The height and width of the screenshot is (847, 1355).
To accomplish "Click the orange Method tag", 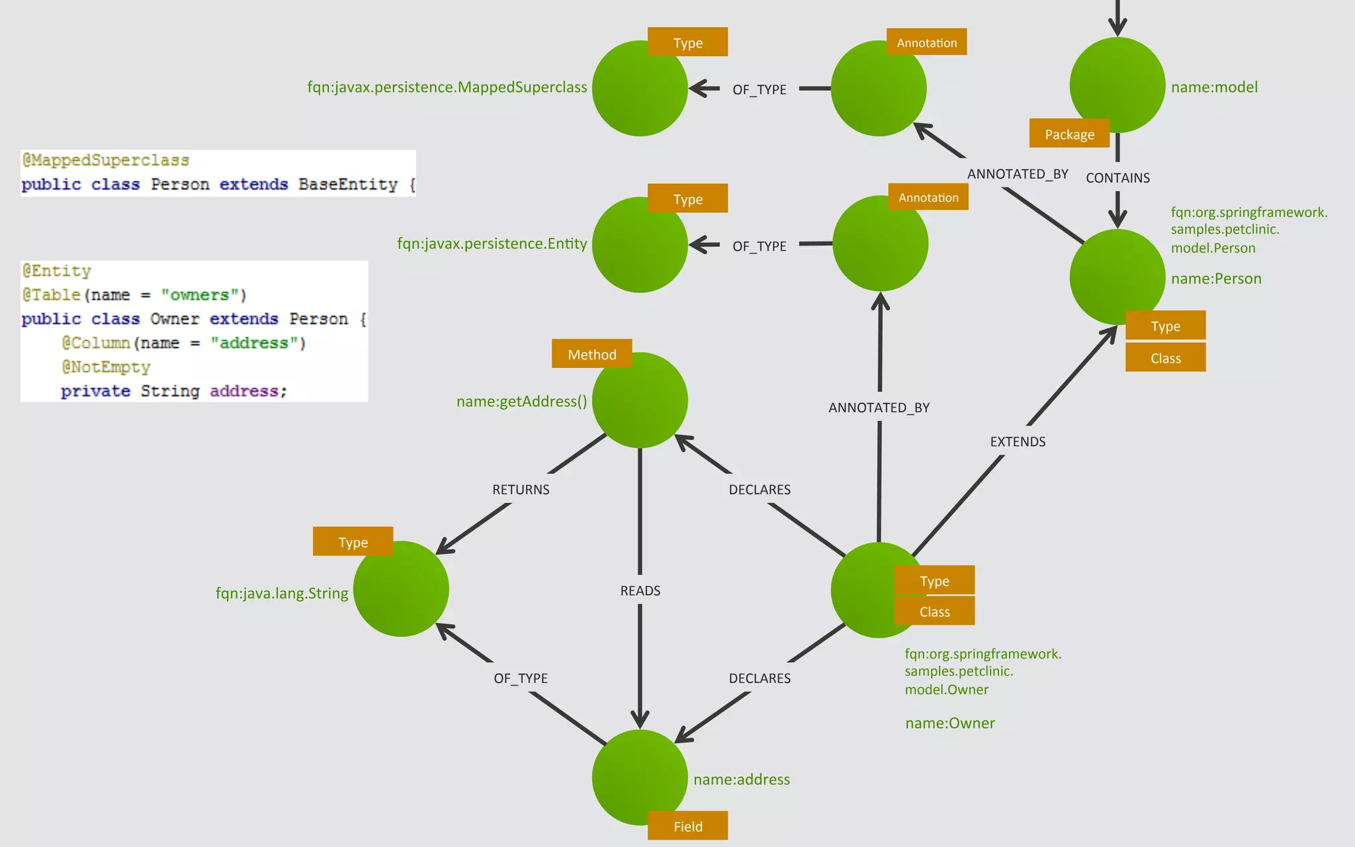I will coord(591,354).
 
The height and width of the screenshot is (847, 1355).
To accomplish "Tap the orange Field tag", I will coord(687,826).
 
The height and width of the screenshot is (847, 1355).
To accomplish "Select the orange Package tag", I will coord(1069,134).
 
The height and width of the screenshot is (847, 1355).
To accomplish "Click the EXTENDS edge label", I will coord(1017,441).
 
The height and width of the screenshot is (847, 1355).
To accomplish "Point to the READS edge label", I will coord(640,590).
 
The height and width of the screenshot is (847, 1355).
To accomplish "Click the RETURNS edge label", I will coord(521,489).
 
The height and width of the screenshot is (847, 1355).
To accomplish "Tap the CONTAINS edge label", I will coord(1117,177).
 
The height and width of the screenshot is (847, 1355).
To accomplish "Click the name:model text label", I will coord(1213,87).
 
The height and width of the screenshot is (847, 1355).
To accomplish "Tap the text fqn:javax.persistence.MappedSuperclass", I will coord(447,87).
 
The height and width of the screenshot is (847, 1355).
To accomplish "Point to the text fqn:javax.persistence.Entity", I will coord(492,243).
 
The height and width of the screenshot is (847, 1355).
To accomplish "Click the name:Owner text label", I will coord(949,723).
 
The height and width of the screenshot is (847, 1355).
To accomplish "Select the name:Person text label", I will coord(1215,278).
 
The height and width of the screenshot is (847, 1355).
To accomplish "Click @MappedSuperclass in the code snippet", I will coord(106,160).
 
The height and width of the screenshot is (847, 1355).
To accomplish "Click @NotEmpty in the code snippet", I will coord(106,367).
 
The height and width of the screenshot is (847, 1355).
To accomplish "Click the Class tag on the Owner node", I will coord(934,611).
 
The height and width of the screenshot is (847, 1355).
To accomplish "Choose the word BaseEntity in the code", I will coord(347,184).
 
